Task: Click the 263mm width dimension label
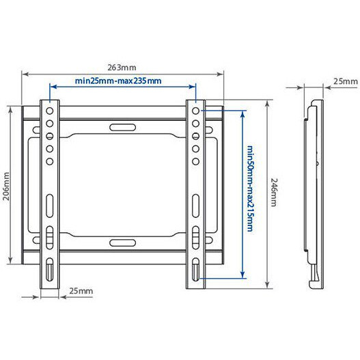pyautogui.click(x=121, y=67)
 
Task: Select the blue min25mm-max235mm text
pyautogui.click(x=118, y=81)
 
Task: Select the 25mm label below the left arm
pyautogui.click(x=81, y=291)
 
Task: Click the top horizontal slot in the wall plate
pyautogui.click(x=122, y=126)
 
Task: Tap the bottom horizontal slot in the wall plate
pyautogui.click(x=122, y=242)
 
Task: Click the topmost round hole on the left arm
pyautogui.click(x=49, y=111)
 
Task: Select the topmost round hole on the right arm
pyautogui.click(x=195, y=111)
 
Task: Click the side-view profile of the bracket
pyautogui.click(x=314, y=191)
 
